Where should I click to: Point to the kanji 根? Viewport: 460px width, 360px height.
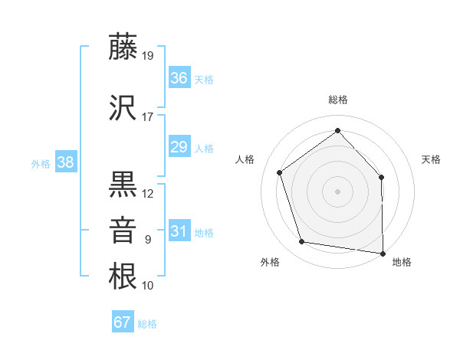pos(123,276)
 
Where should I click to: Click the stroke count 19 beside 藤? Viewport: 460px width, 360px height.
pos(148,56)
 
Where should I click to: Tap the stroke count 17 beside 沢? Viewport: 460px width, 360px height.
pos(148,117)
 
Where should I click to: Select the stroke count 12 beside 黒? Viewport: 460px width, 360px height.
pos(148,194)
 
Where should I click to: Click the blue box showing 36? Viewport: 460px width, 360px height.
pos(179,77)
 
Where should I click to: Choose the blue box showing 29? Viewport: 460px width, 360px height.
pos(179,147)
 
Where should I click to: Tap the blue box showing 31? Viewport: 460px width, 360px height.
pos(179,231)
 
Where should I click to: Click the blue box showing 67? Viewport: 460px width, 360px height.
pos(123,322)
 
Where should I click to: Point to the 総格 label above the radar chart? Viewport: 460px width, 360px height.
pos(338,100)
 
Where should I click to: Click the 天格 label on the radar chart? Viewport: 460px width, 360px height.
pos(431,159)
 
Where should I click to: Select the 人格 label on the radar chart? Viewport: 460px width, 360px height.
pos(245,159)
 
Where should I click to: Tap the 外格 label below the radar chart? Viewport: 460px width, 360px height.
pos(270,262)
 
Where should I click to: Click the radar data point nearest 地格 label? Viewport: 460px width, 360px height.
pos(383,253)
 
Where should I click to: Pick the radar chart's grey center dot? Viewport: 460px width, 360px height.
pos(337,191)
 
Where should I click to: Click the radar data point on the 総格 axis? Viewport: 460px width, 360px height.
pos(337,130)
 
